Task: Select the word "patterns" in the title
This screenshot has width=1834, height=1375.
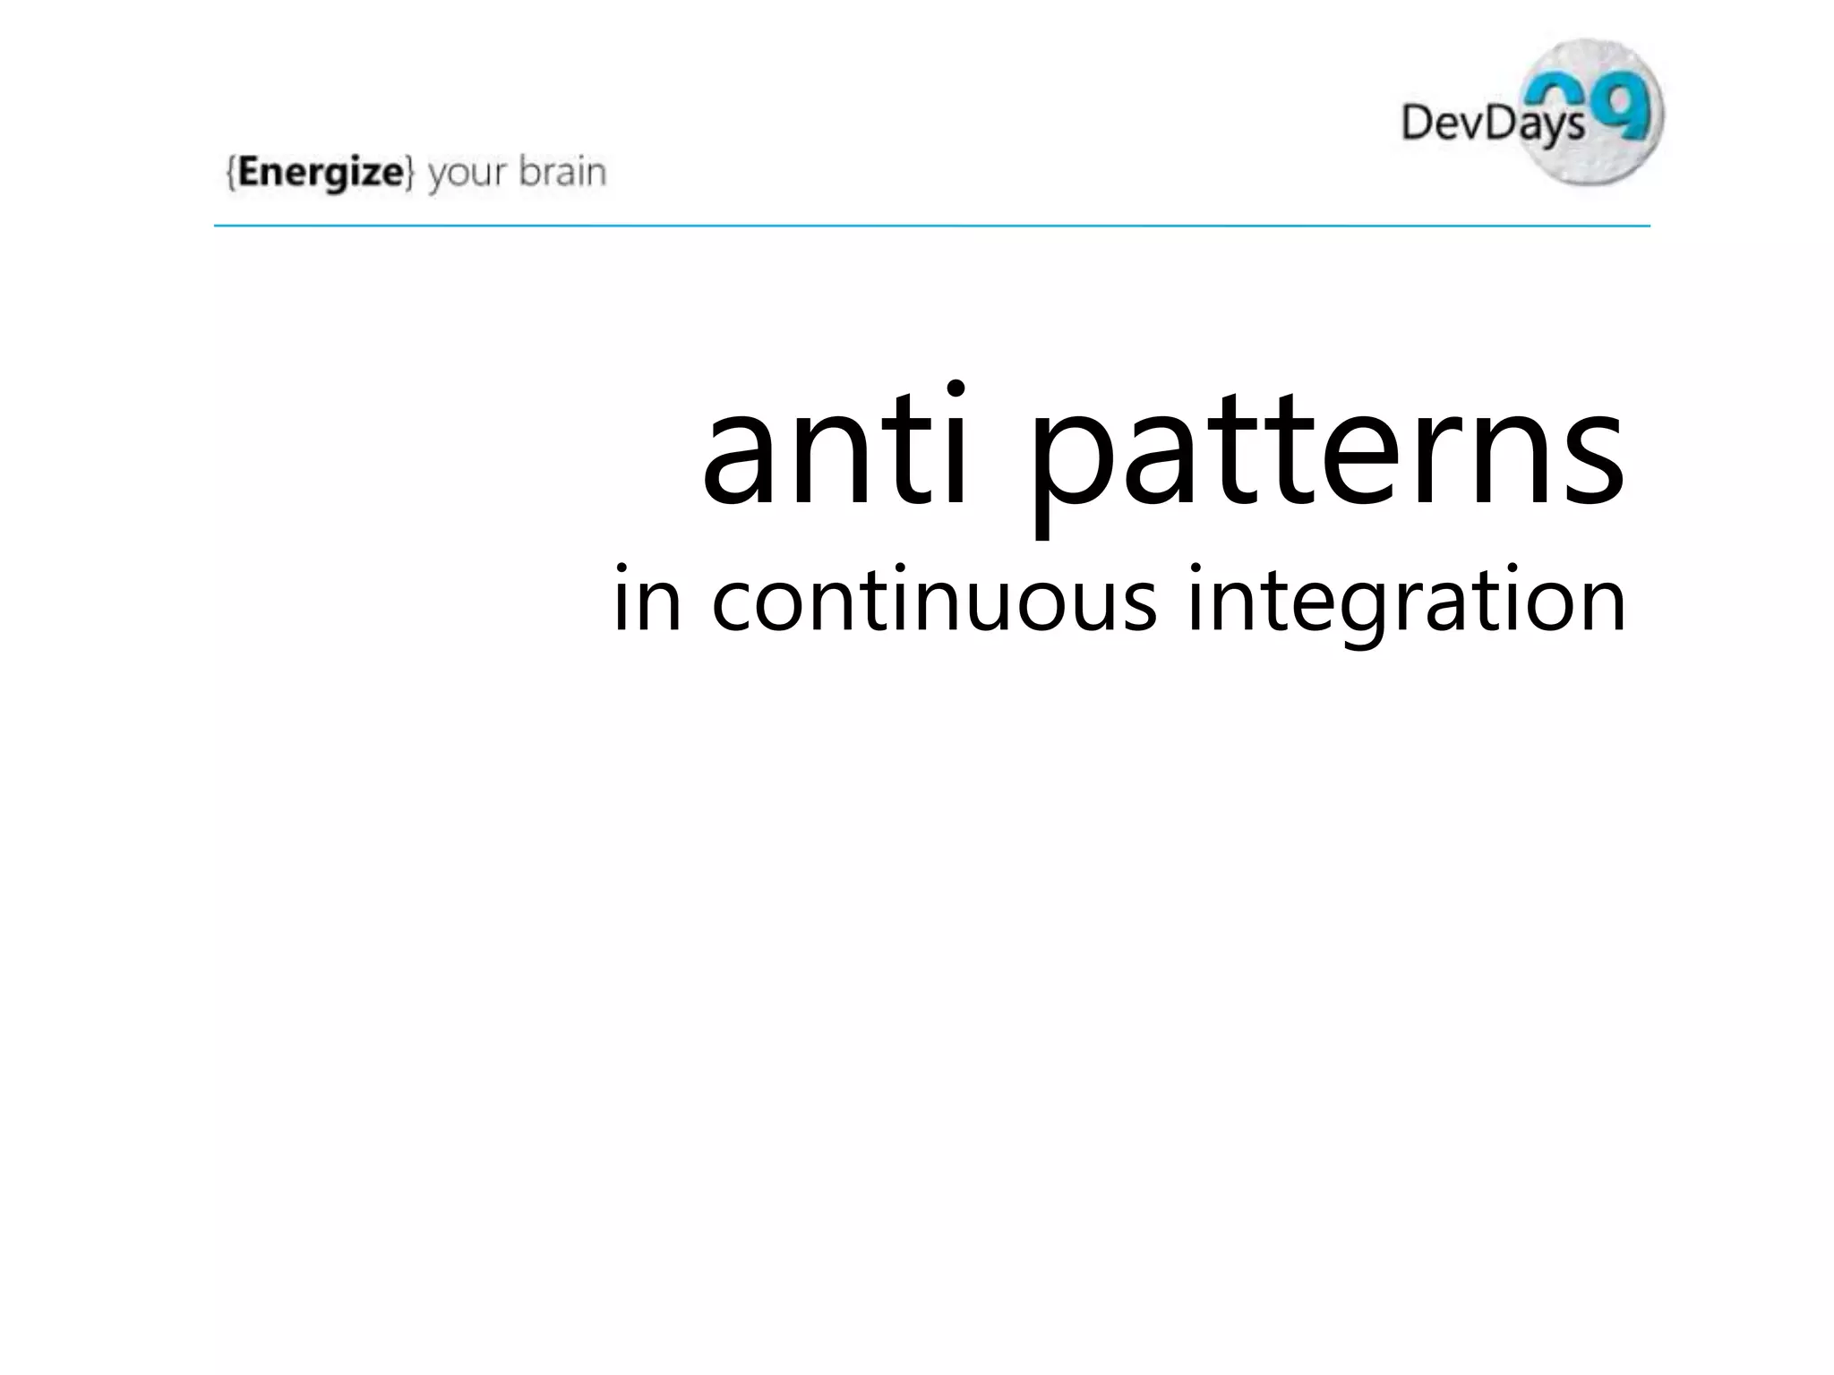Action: [x=1325, y=457]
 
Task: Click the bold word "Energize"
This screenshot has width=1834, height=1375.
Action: [x=321, y=172]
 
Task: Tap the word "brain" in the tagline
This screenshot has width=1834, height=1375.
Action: [x=562, y=172]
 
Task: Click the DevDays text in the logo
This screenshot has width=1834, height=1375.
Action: [x=1491, y=123]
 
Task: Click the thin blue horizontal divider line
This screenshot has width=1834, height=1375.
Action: [x=931, y=226]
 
